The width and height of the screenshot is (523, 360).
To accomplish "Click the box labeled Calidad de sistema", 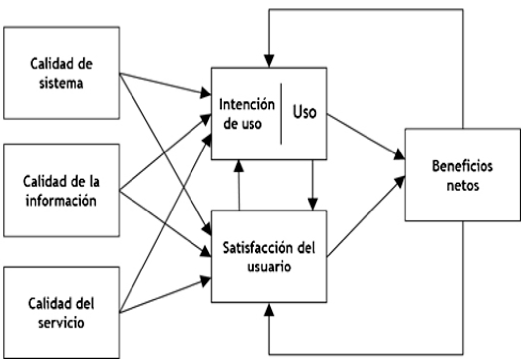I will click(62, 73).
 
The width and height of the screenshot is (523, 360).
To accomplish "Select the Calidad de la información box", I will click(62, 190).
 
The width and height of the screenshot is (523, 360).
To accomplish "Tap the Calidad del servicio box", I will click(62, 312).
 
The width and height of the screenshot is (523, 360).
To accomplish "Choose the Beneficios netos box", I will click(462, 175).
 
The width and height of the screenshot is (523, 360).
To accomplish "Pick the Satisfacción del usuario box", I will click(268, 256).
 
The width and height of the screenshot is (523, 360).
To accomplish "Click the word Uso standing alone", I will click(304, 112).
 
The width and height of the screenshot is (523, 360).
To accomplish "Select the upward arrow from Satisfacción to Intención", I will click(239, 185).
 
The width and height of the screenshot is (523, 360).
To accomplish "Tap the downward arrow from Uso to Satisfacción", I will click(313, 185).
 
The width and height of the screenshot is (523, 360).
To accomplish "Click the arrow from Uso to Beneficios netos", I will click(365, 135).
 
